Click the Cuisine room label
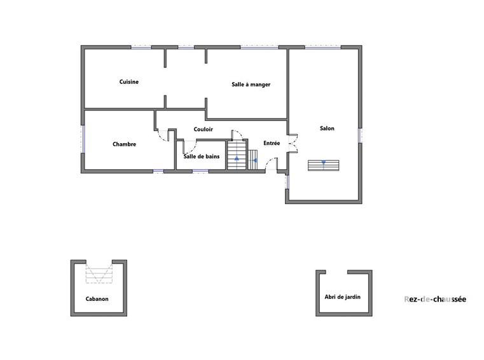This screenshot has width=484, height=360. tap(129, 82)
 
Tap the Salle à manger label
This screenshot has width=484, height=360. tap(251, 84)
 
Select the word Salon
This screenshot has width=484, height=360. tap(327, 128)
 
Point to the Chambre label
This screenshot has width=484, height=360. tap(124, 144)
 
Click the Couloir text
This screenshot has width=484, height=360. tap(204, 130)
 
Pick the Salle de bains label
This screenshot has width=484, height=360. tap(202, 156)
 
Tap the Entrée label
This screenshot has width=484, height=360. tap(272, 144)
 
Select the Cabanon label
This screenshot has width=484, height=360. tap(97, 299)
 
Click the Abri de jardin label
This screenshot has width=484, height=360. tap(342, 297)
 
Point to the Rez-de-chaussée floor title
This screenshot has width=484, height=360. tap(435, 300)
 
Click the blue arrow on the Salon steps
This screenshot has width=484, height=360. tap(324, 163)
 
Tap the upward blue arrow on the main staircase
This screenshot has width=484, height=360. tap(237, 158)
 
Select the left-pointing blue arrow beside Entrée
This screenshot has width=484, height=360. tap(254, 161)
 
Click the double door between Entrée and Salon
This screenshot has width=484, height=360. tap(292, 143)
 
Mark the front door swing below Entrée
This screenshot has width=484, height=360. tap(272, 165)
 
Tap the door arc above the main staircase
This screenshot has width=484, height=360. tap(237, 135)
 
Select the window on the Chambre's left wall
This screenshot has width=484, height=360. tap(83, 139)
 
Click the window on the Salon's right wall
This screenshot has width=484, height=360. tap(361, 135)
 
